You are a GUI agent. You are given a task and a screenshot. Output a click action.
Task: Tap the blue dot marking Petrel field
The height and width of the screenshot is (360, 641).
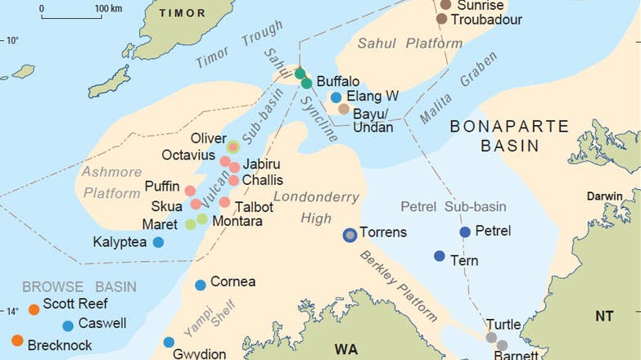coord(465,232)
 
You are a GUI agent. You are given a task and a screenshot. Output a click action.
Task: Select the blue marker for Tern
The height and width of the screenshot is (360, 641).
coord(440,256)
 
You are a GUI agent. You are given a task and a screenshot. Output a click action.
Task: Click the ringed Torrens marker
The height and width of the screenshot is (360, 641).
coord(350,235)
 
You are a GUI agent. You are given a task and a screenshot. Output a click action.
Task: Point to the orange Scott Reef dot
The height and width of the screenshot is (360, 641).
coord(34,309)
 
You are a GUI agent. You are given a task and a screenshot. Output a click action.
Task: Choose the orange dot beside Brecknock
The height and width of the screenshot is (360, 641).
coord(17,340)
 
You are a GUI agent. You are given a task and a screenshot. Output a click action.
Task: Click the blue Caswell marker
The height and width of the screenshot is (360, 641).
coord(68,326)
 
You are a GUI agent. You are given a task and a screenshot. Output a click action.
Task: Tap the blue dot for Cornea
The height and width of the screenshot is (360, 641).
coord(201,285)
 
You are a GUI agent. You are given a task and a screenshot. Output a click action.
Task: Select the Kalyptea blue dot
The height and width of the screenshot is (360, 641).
coord(158,242)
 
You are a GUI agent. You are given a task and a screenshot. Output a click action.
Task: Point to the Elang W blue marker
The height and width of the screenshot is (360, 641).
coord(336,97)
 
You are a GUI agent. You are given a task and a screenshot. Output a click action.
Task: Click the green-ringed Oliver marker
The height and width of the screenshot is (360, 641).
coord(233,147)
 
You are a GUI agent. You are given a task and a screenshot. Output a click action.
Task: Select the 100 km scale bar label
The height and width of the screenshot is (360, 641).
coord(108,8)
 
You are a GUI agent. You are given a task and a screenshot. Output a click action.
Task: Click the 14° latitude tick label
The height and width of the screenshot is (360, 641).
coord(12,311)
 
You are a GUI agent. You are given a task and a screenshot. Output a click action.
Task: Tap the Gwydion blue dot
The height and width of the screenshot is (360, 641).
coord(169,342)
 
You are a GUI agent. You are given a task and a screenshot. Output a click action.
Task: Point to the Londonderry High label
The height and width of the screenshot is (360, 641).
coord(305,207)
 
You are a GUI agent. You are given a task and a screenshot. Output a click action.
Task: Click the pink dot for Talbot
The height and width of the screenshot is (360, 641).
coord(224,202)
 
